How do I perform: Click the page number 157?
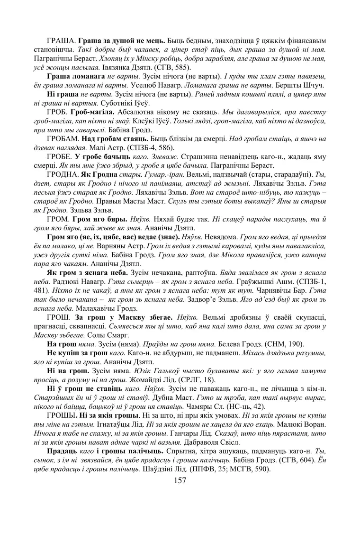click(180, 480)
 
